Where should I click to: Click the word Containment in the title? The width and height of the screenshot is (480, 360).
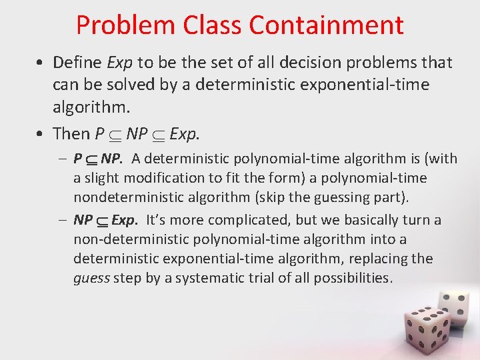pos(326,25)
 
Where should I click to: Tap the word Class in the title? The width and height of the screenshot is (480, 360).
pos(213,25)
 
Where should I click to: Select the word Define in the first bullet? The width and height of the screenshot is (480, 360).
pos(79,63)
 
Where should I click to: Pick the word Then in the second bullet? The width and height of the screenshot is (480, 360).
pos(71,134)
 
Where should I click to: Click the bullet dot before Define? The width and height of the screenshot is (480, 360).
pos(41,63)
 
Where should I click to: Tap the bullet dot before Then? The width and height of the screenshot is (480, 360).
pos(41,135)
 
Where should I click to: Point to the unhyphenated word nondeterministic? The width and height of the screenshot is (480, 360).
pos(123,197)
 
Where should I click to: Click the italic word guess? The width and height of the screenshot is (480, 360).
pos(91,278)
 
